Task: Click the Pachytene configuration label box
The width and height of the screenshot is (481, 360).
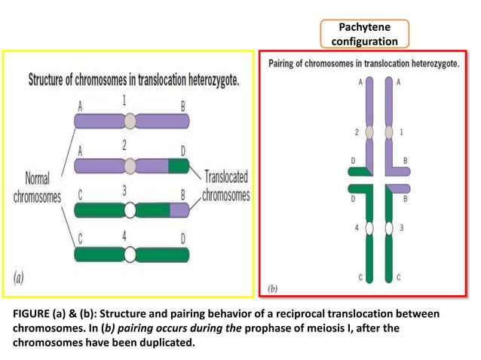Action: (x=364, y=34)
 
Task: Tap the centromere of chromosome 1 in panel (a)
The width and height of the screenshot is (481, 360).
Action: (x=130, y=121)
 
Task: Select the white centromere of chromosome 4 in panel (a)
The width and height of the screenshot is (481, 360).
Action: (x=130, y=254)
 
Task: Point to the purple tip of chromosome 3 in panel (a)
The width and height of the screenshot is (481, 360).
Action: (x=179, y=209)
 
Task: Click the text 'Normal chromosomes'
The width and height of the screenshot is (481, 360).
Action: (x=37, y=188)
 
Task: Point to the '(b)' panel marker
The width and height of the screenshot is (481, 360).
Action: (x=273, y=288)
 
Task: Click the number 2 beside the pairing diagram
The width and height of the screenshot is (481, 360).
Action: (x=356, y=132)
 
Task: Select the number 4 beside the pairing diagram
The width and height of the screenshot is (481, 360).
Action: (x=356, y=227)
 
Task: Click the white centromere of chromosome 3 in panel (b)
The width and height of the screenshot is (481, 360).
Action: (x=389, y=227)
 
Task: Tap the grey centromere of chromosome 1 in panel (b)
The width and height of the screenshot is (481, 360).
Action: (x=389, y=133)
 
